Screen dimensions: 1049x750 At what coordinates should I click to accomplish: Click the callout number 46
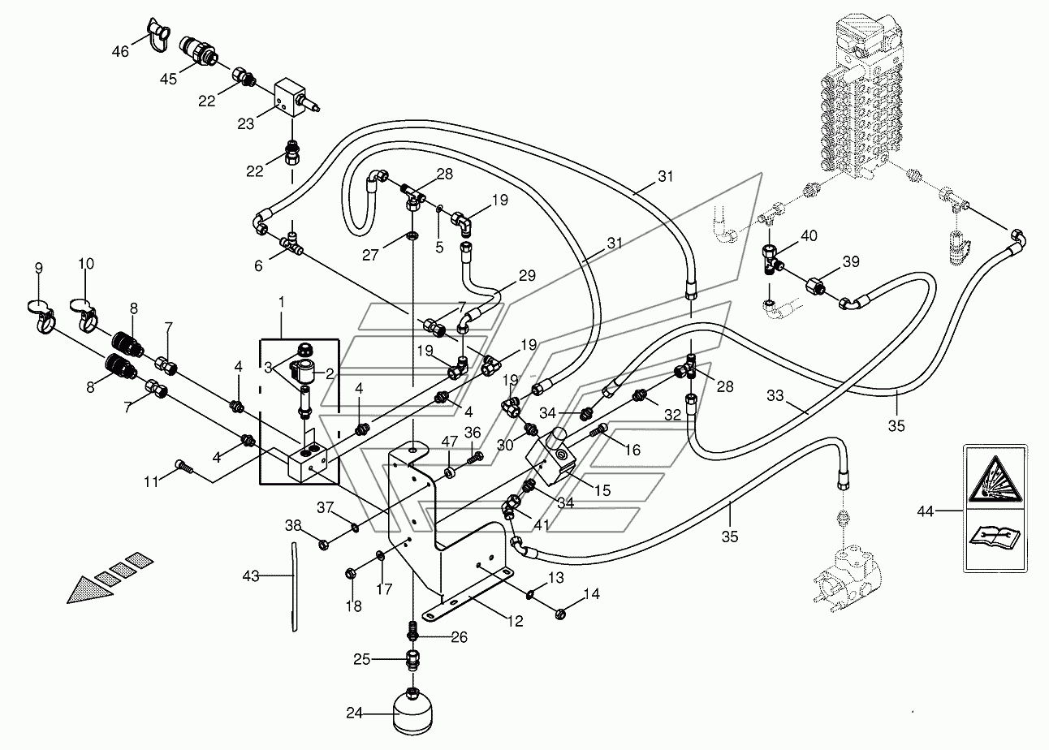coord(120,50)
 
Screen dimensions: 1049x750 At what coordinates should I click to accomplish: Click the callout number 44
coord(926,511)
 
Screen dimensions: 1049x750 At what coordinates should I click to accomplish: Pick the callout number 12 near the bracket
coord(515,621)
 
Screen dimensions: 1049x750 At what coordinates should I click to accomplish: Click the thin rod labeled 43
coord(294,586)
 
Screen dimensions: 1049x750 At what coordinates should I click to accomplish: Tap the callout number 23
coord(245,123)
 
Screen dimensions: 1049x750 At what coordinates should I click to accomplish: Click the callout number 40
coord(809,235)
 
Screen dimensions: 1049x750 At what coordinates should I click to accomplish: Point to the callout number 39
coord(851,261)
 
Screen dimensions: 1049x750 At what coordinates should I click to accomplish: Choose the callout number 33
coord(775,395)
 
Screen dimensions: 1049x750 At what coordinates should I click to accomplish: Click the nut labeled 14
coord(561,614)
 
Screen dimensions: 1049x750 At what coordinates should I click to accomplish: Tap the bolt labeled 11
coord(182,465)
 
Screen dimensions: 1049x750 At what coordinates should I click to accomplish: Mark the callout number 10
coord(86,264)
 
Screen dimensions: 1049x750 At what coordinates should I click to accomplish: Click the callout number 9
coord(39,268)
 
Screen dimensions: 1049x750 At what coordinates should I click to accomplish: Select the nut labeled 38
coord(324,545)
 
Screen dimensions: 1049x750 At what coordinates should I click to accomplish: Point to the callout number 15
coord(602,490)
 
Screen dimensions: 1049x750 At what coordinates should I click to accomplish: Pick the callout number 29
coord(527,276)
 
